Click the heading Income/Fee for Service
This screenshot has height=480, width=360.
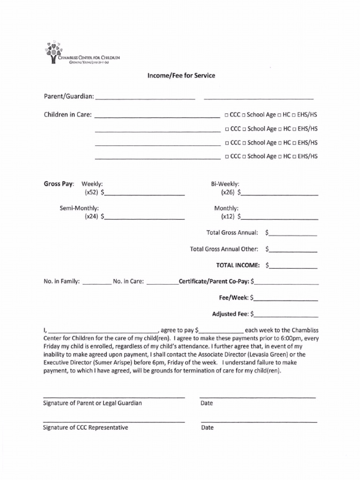181,75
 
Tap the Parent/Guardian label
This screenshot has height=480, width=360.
69,97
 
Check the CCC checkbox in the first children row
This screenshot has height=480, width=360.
227,115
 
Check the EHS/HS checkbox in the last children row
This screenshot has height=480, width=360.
294,157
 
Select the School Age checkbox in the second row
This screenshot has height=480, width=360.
244,129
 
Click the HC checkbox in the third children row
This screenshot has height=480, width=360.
279,143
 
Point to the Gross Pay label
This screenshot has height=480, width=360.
59,184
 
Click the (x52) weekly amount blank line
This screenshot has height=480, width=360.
145,194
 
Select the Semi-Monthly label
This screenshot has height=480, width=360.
79,208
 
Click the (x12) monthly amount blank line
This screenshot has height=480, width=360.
280,218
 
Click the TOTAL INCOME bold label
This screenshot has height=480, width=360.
238,265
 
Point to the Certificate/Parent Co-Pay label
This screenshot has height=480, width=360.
214,282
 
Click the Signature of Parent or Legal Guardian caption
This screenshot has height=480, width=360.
92,403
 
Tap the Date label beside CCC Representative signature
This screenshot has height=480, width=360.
207,427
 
